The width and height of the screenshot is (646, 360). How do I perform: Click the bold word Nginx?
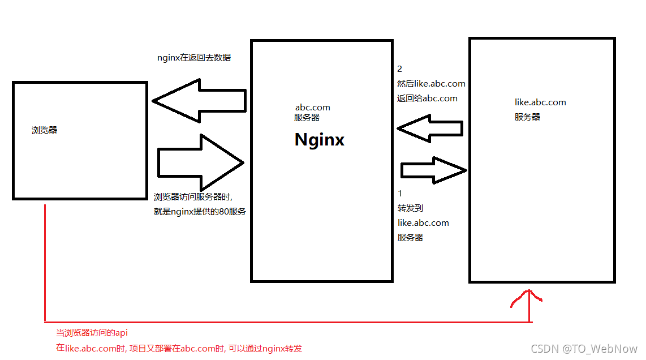320,140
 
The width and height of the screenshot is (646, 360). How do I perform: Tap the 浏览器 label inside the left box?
44,130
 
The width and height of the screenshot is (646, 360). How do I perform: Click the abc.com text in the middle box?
313,107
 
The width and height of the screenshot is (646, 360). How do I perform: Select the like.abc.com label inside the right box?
540,102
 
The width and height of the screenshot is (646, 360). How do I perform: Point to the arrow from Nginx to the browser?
199,101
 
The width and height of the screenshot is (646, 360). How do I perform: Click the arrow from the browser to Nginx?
201,162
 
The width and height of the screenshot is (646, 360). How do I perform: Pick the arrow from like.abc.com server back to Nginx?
430,128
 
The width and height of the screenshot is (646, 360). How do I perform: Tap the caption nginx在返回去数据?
194,57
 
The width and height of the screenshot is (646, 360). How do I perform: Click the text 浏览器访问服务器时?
193,197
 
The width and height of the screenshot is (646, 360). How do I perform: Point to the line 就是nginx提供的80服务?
200,211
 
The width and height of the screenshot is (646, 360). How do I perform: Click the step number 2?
400,69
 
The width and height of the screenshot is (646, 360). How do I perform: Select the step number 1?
400,194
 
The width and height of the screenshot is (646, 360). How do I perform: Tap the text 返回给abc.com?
427,98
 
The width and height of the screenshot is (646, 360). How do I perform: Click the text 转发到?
410,208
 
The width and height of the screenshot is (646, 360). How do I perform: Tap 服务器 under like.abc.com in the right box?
527,117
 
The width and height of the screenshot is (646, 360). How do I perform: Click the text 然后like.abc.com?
431,84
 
